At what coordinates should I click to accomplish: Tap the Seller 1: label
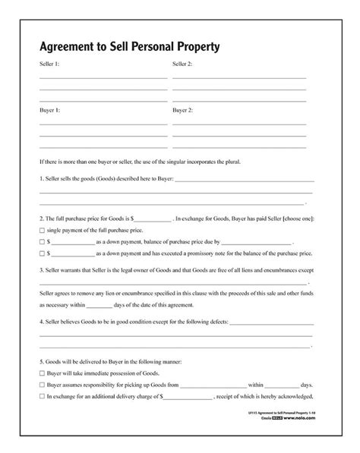click(50, 64)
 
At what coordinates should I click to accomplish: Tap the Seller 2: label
click(182, 64)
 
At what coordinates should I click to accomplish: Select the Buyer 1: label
click(50, 110)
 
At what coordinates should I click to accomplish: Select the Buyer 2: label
click(182, 110)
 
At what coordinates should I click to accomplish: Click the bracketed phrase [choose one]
click(297, 219)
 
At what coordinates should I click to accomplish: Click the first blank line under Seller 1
click(103, 77)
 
